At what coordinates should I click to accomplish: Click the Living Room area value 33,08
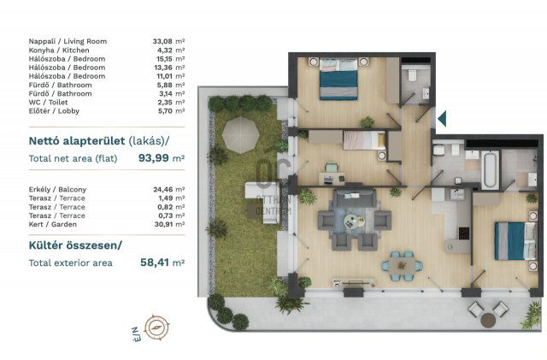coord(162,41)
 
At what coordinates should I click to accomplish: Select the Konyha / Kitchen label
coord(59,50)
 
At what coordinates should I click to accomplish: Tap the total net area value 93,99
coord(154,158)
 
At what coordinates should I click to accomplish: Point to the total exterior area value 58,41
coord(155,263)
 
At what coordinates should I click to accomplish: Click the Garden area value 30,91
coord(163,224)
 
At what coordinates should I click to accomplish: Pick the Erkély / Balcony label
coord(57,189)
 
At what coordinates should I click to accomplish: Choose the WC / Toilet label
coord(49,103)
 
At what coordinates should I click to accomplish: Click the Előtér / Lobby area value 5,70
coord(165,111)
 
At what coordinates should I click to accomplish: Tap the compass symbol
coord(157,328)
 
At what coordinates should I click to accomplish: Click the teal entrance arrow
coord(442,118)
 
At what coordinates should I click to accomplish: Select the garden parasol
coord(241,135)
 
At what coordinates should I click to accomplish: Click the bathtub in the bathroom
coord(490,169)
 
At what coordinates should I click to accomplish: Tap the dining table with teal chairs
coord(402,266)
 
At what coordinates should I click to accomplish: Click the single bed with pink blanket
coord(364,140)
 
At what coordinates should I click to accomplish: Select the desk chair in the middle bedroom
coord(332,168)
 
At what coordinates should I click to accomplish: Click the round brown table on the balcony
coord(488,320)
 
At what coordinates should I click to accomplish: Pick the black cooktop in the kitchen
coord(464,233)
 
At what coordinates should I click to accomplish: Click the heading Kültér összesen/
coord(75,245)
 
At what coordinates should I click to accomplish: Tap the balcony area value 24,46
coord(163,189)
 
